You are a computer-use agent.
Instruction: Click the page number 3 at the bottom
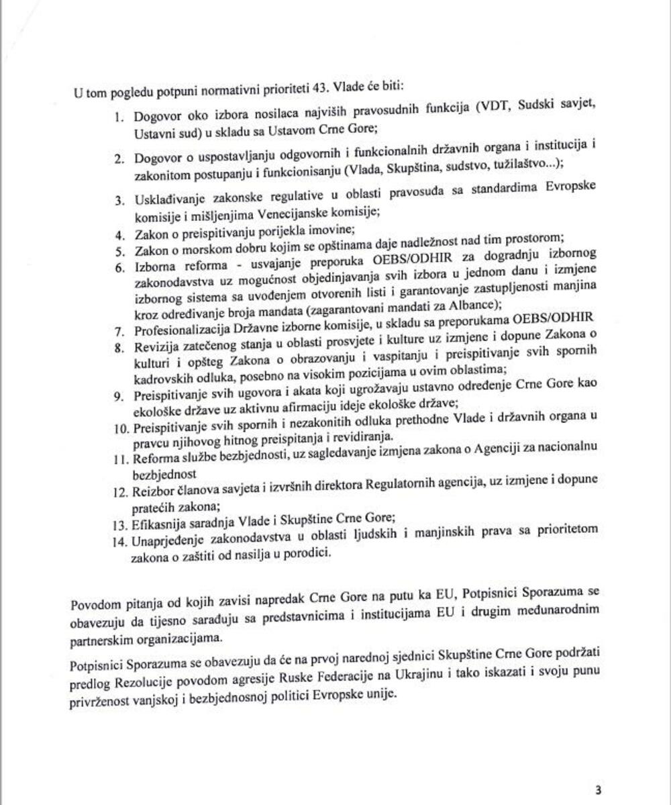coord(599,790)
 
